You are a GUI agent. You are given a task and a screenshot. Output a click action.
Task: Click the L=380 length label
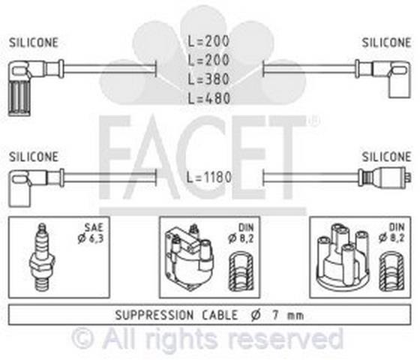(x=208, y=79)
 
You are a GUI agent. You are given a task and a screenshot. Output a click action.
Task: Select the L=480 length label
(x=208, y=98)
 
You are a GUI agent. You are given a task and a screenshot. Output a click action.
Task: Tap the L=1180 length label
(x=209, y=177)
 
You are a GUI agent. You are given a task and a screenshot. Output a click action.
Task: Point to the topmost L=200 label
(x=208, y=41)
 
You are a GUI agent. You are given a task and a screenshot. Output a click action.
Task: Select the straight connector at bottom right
(x=385, y=176)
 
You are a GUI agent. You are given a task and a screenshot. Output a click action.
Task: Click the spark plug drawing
(x=42, y=257)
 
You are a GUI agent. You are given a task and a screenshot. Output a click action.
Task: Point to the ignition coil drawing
(x=189, y=258)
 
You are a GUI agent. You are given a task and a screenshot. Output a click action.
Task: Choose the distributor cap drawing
(x=343, y=258)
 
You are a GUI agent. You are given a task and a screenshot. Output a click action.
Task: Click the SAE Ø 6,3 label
(x=91, y=233)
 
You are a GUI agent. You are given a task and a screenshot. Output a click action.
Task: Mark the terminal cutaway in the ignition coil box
(x=241, y=271)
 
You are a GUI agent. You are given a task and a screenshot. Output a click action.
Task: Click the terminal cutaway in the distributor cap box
(x=391, y=271)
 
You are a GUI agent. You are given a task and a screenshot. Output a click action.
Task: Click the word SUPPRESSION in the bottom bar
(x=154, y=315)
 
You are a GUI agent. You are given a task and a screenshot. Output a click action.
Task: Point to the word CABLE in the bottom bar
(x=220, y=315)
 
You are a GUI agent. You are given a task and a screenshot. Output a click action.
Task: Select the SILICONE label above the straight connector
(x=386, y=157)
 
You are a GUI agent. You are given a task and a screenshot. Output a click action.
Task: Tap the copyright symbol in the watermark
(x=83, y=338)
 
